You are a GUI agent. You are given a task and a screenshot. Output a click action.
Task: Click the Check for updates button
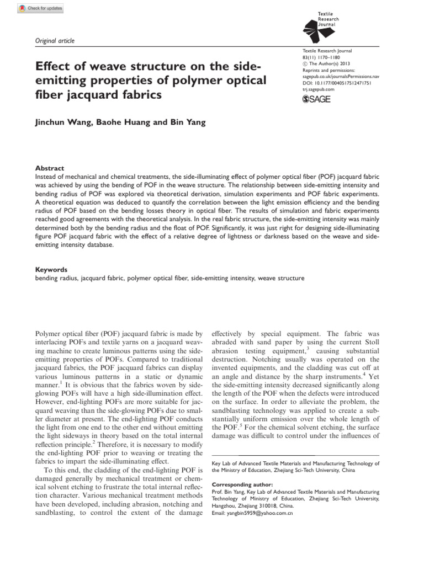click(x=41, y=9)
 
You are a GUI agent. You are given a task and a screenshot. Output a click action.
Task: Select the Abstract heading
click(x=50, y=168)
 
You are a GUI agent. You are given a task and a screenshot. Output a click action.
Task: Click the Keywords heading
click(x=51, y=270)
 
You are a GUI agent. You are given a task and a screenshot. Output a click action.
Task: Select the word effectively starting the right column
click(x=232, y=334)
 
